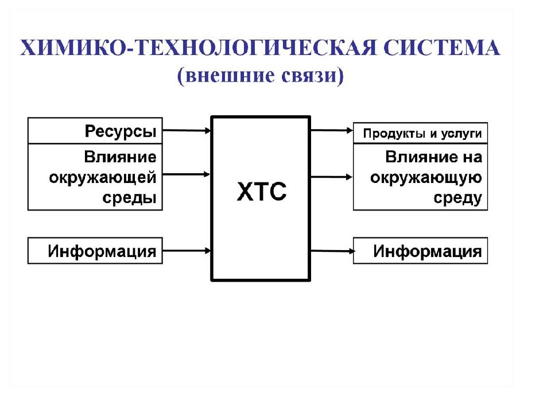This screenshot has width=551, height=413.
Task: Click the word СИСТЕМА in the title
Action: click(x=441, y=48)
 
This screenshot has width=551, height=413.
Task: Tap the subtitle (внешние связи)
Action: click(x=261, y=75)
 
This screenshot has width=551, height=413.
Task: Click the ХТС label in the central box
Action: click(x=262, y=192)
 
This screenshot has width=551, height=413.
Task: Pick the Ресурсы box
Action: click(x=95, y=131)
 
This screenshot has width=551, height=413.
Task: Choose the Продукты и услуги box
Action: click(x=420, y=133)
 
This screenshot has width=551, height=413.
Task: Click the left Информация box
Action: click(x=95, y=251)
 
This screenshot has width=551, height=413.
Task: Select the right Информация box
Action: click(x=420, y=251)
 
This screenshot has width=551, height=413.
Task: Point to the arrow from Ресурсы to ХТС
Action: click(x=187, y=130)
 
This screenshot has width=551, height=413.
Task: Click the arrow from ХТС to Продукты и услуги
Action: click(x=332, y=130)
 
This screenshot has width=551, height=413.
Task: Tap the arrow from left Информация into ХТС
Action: click(x=187, y=251)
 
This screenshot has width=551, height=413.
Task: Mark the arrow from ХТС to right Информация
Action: click(x=332, y=251)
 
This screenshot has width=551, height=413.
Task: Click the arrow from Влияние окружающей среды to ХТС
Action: click(x=187, y=174)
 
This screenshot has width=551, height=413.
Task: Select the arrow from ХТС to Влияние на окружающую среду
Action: click(x=332, y=177)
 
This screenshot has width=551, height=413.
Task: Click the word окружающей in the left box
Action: click(x=103, y=178)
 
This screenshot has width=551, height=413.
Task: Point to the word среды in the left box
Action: click(x=129, y=198)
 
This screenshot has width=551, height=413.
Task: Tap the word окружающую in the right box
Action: click(x=426, y=178)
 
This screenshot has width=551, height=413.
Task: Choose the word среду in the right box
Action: click(x=457, y=198)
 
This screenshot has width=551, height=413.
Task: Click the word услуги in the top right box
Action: click(x=461, y=134)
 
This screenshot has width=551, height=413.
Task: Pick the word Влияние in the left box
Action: click(x=120, y=157)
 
